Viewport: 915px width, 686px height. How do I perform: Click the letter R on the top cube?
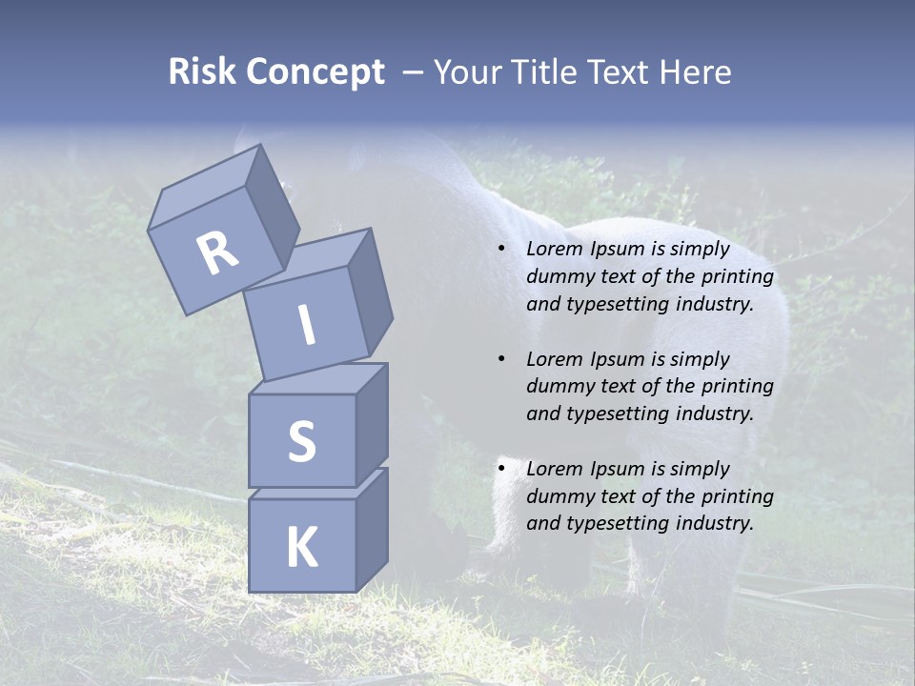tap(218, 253)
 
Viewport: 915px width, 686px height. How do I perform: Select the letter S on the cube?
tap(301, 442)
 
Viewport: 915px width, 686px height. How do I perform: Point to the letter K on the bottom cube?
tap(301, 548)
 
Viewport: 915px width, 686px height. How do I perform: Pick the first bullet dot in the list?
tap(501, 249)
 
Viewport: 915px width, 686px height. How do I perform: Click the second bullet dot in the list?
tap(501, 359)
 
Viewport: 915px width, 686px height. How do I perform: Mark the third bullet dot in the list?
tap(501, 469)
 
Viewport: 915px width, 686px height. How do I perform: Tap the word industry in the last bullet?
tap(714, 523)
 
